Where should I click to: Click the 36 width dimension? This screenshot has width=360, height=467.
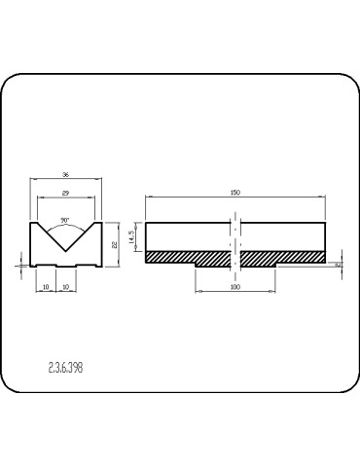(66, 174)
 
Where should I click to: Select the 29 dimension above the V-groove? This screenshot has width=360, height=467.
(66, 195)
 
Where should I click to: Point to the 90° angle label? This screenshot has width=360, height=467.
(65, 220)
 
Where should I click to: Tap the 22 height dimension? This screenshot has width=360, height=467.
(114, 244)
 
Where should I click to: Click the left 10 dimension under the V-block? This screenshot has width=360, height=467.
(47, 288)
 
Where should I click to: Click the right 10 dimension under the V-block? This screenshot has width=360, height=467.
(65, 288)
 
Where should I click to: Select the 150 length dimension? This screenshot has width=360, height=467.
(234, 194)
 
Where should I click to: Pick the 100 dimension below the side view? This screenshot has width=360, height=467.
(234, 288)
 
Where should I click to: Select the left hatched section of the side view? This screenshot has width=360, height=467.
(187, 259)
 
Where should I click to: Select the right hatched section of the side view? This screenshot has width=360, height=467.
(282, 259)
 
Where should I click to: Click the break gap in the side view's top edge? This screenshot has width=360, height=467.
(234, 224)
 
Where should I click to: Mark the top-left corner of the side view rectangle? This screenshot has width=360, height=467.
(146, 224)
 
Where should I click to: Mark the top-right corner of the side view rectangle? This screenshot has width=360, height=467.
(324, 224)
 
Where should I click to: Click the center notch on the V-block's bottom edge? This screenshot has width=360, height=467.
(66, 265)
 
